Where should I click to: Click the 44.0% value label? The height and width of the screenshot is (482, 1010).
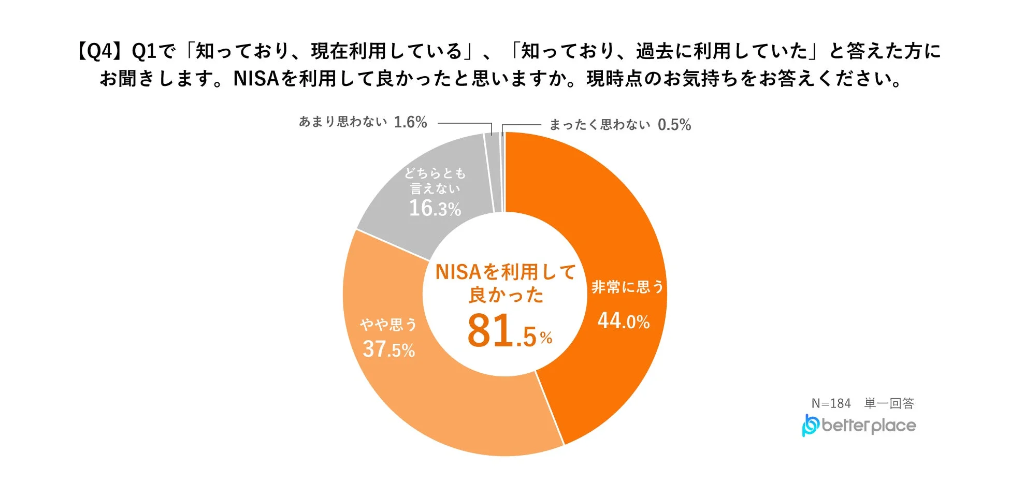624,321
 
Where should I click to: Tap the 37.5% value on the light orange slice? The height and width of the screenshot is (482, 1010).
388,349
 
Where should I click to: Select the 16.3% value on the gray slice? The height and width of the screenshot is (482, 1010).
435,208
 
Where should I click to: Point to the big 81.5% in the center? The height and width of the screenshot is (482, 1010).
509,331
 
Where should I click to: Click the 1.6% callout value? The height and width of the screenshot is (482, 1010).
410,122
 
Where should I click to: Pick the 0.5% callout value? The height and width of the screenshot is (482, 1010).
674,125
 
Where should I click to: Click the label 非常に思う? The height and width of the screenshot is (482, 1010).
628,287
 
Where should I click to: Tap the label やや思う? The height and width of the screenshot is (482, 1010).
388,325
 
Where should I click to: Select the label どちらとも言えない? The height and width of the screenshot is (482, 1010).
435,181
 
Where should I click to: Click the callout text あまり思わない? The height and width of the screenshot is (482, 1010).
343,122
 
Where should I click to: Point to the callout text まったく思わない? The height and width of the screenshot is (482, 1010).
599,125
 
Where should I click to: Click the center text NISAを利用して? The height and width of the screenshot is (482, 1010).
506,272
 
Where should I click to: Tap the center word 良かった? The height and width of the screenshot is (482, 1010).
506,295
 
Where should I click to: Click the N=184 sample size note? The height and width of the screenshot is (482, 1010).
831,403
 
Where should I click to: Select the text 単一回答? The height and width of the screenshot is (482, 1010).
889,403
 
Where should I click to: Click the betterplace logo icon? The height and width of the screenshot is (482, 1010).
810,425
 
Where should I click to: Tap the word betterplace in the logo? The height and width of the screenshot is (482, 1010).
869,426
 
